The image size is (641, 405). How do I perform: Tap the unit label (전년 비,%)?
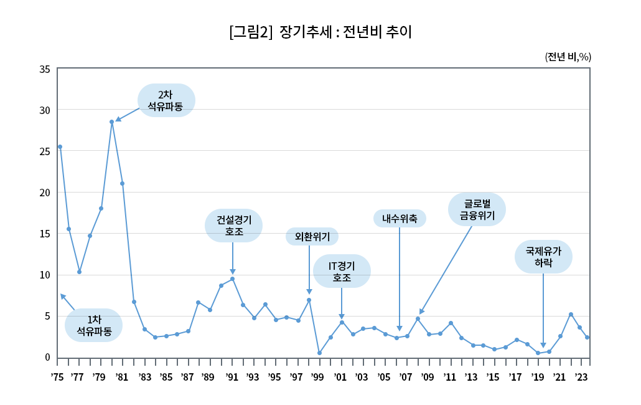tap(568, 57)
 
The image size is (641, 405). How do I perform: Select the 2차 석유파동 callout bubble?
tap(166, 100)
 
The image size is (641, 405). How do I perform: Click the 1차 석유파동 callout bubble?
tap(94, 325)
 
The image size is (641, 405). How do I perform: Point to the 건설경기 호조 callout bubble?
tap(234, 226)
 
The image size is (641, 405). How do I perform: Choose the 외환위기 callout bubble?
tap(312, 237)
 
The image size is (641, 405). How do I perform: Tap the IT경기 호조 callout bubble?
tap(342, 271)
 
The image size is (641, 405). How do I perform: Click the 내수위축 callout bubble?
tap(400, 218)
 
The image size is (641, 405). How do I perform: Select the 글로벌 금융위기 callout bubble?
tap(477, 209)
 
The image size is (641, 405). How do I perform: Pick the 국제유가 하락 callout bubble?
tap(543, 257)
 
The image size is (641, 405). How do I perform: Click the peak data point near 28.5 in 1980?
tap(111, 122)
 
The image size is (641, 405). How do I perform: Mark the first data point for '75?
tap(60, 147)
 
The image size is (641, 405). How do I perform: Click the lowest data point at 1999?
tap(319, 353)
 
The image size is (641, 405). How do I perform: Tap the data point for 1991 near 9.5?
tap(232, 279)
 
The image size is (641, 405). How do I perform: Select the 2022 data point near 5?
tap(571, 314)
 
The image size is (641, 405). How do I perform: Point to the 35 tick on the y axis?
tap(45, 69)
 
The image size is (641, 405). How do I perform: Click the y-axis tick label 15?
tap(45, 234)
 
